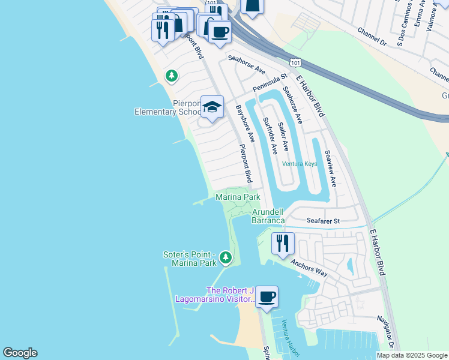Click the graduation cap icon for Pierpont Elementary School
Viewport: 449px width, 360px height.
coord(212,107)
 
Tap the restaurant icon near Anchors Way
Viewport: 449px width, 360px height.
coord(282,244)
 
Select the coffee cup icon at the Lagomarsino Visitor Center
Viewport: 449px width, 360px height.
coord(267,297)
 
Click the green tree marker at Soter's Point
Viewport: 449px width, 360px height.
coord(225,258)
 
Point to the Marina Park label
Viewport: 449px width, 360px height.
coord(238,197)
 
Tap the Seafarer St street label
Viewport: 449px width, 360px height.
coord(323,221)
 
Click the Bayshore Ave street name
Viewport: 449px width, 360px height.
coord(246,124)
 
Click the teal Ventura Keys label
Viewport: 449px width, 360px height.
coord(300,163)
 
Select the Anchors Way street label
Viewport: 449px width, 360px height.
coord(309,268)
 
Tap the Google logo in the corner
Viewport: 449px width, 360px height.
coord(20,353)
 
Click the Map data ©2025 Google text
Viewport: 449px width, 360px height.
coord(411,355)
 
